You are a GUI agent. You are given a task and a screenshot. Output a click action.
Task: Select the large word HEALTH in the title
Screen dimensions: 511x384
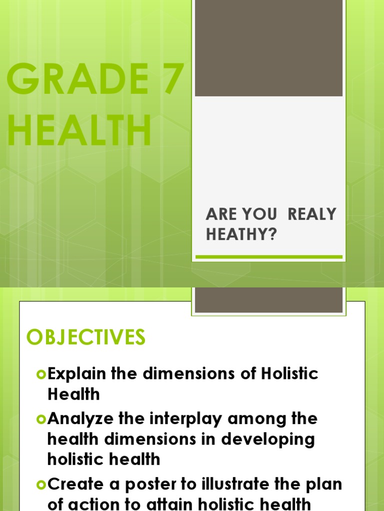[x=79, y=131]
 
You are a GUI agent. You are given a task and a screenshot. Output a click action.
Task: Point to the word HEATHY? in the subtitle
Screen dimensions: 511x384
[x=241, y=235]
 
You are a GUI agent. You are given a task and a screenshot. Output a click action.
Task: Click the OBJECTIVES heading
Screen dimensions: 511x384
[x=86, y=338]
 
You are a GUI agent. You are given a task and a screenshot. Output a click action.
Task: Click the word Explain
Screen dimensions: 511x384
[x=79, y=374]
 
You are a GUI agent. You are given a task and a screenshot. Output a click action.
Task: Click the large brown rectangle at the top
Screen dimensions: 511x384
[x=268, y=48]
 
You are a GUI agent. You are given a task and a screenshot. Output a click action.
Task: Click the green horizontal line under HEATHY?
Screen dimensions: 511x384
[x=268, y=257]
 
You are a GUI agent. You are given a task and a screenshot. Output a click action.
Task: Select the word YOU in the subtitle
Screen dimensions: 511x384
[x=259, y=215]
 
